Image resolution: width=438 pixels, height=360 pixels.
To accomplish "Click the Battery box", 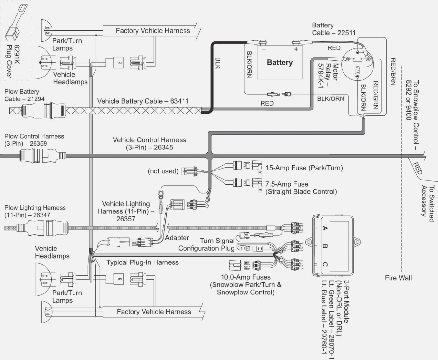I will point(280,62).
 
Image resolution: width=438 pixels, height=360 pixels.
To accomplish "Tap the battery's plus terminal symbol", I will point(296,49).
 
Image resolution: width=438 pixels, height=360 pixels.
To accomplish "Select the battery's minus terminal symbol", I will point(264,49).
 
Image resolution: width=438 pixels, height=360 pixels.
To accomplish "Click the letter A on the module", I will point(325,228).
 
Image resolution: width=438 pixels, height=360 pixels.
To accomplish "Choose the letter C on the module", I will point(325,265).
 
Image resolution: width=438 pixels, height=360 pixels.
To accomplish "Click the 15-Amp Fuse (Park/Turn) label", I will point(304,168).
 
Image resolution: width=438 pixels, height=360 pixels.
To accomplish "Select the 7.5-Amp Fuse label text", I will point(301,188).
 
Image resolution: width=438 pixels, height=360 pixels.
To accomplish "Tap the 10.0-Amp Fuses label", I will point(245,284).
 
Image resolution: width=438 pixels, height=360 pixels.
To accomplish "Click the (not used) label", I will point(163,171).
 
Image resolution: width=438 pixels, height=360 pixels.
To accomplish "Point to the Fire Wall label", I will point(398,278).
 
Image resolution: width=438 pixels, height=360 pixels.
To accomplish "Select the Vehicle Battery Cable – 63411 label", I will point(143,101).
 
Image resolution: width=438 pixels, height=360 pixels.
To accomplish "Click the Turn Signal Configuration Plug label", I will point(206,244).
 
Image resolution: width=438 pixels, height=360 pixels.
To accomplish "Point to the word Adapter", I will point(177,238).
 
